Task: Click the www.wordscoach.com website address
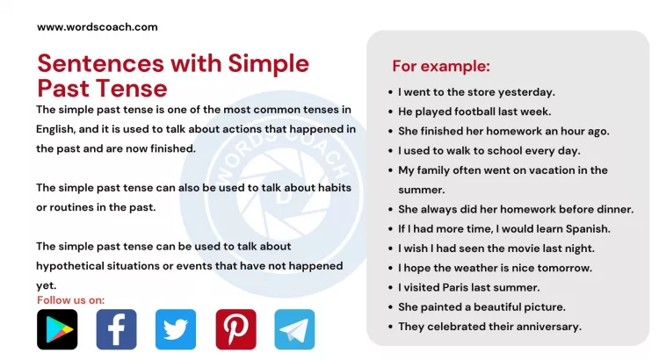(x=97, y=26)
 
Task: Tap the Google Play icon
(x=57, y=330)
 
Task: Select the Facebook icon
(x=116, y=330)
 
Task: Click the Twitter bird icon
(x=176, y=330)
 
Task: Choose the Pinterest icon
(x=235, y=330)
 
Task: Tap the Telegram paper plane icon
(x=294, y=330)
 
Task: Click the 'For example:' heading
(x=441, y=67)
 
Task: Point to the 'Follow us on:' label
(x=70, y=300)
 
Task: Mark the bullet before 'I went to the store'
(x=389, y=92)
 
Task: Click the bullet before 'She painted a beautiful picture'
(x=389, y=307)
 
